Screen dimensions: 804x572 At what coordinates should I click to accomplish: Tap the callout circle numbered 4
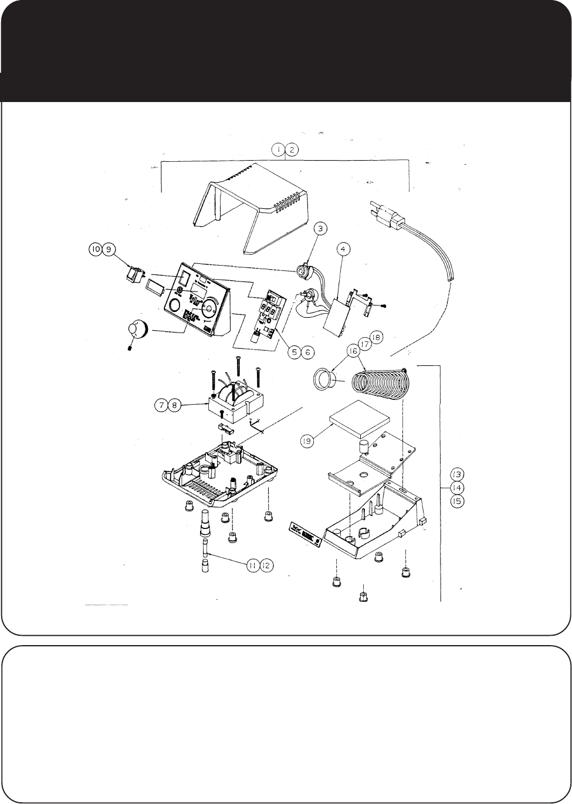click(x=344, y=249)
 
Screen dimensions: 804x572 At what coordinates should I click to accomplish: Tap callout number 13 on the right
click(x=457, y=473)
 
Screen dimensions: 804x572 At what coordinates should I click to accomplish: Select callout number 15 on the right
click(x=457, y=502)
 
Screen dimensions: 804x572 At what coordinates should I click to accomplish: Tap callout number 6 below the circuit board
click(x=307, y=352)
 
